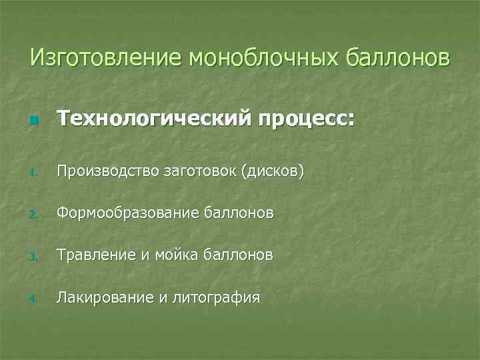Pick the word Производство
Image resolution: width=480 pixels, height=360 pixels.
[106, 171]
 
